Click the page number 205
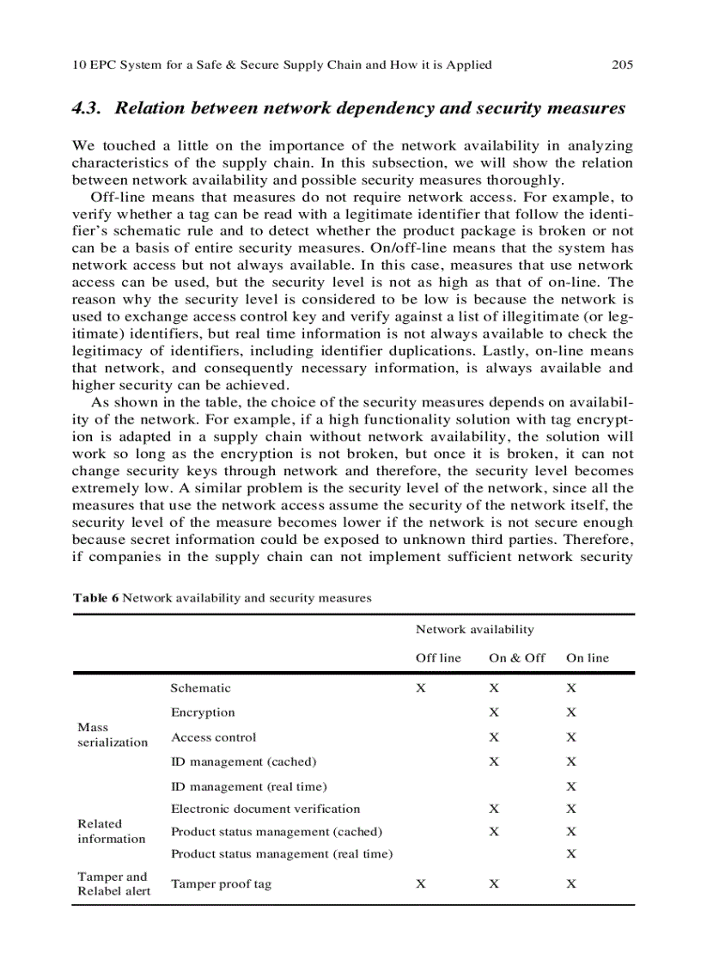[622, 64]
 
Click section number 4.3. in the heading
[88, 109]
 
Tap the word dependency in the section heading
[389, 109]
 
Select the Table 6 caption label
[95, 598]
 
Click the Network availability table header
[474, 629]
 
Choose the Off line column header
[438, 658]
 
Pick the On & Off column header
[517, 658]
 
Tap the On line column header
[588, 658]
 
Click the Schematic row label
[200, 688]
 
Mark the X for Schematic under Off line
[421, 688]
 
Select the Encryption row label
[203, 712]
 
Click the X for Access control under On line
[571, 737]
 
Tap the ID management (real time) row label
[249, 786]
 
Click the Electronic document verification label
[265, 809]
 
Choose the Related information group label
[112, 831]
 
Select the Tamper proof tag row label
[221, 884]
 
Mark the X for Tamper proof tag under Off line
[421, 884]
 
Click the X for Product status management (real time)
[571, 854]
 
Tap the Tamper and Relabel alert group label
[113, 884]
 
